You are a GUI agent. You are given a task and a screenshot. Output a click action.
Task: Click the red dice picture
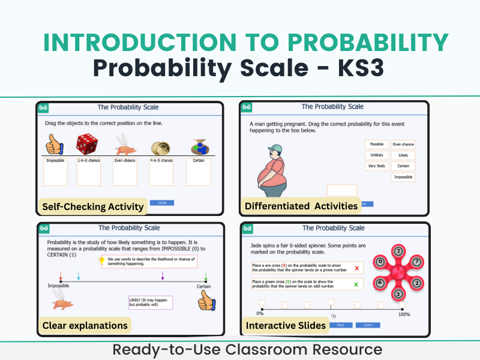[88, 144]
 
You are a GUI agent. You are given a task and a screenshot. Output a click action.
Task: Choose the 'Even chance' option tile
[403, 144]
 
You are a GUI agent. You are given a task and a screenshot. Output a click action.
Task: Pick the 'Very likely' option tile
[376, 166]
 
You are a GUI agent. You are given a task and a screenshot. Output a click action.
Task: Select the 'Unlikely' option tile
[376, 155]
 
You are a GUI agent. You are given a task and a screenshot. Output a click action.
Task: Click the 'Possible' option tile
[376, 144]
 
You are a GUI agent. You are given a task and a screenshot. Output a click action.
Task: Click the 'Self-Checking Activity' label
[92, 206]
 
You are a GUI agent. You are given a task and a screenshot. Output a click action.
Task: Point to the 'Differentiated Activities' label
[301, 206]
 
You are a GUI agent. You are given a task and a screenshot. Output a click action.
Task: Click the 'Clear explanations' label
[85, 325]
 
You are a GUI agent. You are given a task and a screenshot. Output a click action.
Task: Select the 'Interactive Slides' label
[286, 325]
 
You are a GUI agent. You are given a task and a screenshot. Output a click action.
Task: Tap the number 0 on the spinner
[380, 262]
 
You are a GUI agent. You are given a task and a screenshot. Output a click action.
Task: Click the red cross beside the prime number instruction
[357, 268]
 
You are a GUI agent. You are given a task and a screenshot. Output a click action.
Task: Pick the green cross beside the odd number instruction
[357, 284]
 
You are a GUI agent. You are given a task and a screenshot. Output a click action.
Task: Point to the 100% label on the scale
[404, 314]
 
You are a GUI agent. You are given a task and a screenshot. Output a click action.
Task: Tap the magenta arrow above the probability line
[163, 276]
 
